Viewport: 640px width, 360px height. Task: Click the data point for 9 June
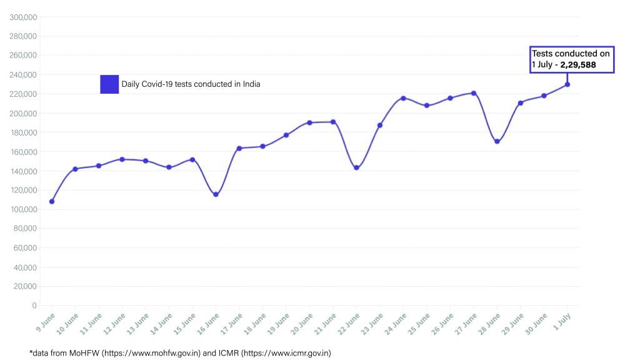pyautogui.click(x=52, y=201)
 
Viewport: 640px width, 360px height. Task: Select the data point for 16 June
pyautogui.click(x=216, y=194)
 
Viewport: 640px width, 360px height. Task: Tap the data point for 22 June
pyautogui.click(x=356, y=167)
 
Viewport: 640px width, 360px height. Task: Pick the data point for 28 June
pyautogui.click(x=497, y=141)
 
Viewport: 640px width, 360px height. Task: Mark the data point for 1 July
pyautogui.click(x=567, y=84)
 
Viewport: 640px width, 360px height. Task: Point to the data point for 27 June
pyautogui.click(x=474, y=93)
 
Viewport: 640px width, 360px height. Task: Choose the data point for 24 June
pyautogui.click(x=403, y=98)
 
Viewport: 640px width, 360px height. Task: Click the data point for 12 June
pyautogui.click(x=122, y=159)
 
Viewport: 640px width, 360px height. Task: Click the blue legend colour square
pyautogui.click(x=109, y=84)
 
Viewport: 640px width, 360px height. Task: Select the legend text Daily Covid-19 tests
pyautogui.click(x=191, y=84)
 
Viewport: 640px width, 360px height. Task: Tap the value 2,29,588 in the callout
pyautogui.click(x=578, y=64)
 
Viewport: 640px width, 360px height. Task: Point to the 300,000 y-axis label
pyautogui.click(x=23, y=17)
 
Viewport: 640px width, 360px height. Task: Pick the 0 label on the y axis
pyautogui.click(x=34, y=306)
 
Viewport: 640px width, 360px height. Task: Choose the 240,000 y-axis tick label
pyautogui.click(x=23, y=74)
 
